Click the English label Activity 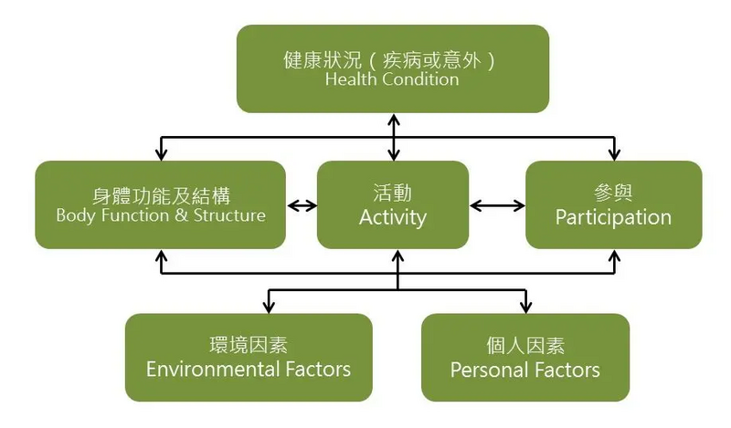coord(393,217)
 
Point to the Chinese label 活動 coord(393,193)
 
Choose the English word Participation coord(613,217)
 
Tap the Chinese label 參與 coord(613,193)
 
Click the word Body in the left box coord(75,216)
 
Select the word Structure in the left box coord(229,216)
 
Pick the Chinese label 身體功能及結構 coord(161,194)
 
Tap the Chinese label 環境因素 coord(249,346)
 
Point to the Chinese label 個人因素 coord(525,346)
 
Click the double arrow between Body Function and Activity coord(302,205)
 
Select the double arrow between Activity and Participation coord(497,205)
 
